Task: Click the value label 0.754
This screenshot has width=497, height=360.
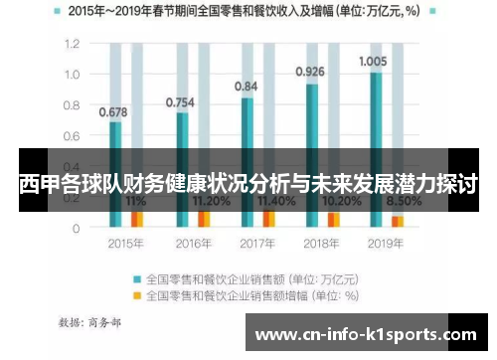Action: point(180,101)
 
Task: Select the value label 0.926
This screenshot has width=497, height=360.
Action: point(311,72)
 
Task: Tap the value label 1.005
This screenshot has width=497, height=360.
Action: point(375,62)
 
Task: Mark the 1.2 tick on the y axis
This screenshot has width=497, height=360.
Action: point(71,45)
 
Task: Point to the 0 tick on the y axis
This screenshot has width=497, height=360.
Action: point(76,228)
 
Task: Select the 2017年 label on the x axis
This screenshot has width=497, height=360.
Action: point(256,244)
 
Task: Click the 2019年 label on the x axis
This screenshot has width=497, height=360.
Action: point(385,244)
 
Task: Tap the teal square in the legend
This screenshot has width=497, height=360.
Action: point(138,278)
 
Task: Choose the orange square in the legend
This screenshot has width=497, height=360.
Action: point(138,294)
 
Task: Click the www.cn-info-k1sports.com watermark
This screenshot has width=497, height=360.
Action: point(367,335)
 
